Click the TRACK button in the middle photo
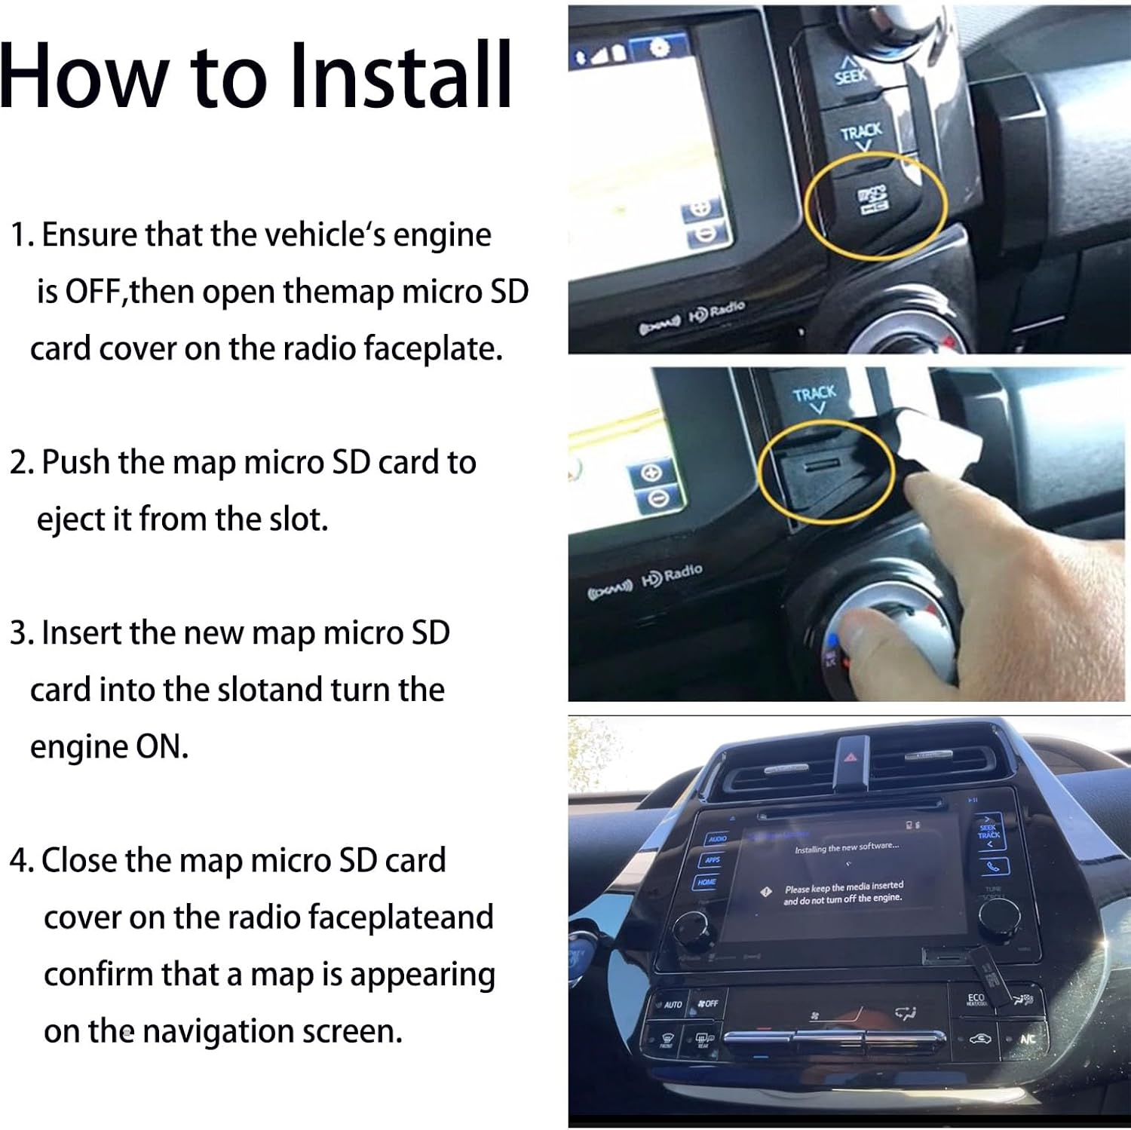coord(814,397)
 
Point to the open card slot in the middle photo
coord(822,467)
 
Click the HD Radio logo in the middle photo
coord(670,577)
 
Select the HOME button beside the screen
coord(706,881)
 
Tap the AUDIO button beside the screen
coord(716,838)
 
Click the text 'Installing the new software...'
coord(846,847)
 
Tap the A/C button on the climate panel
coord(1028,1039)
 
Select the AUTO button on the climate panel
coord(673,1004)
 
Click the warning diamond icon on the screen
coord(767,892)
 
